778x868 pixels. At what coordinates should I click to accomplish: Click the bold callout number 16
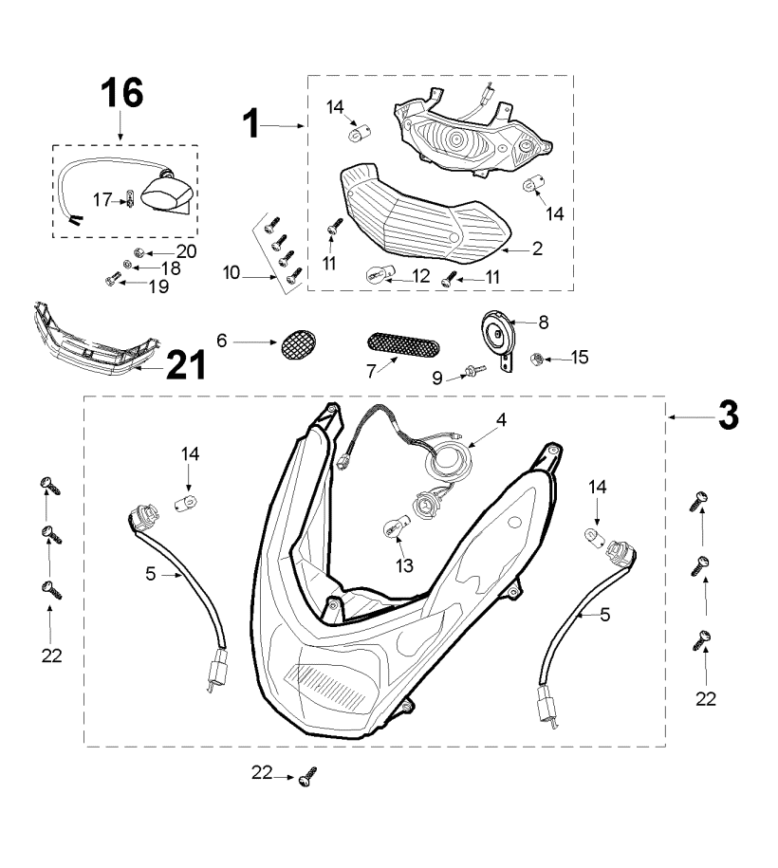pyautogui.click(x=122, y=92)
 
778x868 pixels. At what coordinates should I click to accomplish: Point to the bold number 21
pyautogui.click(x=185, y=365)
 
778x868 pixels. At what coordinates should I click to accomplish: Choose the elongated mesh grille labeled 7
pyautogui.click(x=402, y=342)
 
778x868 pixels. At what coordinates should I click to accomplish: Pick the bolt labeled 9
pyautogui.click(x=472, y=373)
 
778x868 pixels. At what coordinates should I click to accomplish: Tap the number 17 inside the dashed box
pyautogui.click(x=102, y=199)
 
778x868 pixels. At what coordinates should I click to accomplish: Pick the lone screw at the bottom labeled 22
pyautogui.click(x=306, y=779)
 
